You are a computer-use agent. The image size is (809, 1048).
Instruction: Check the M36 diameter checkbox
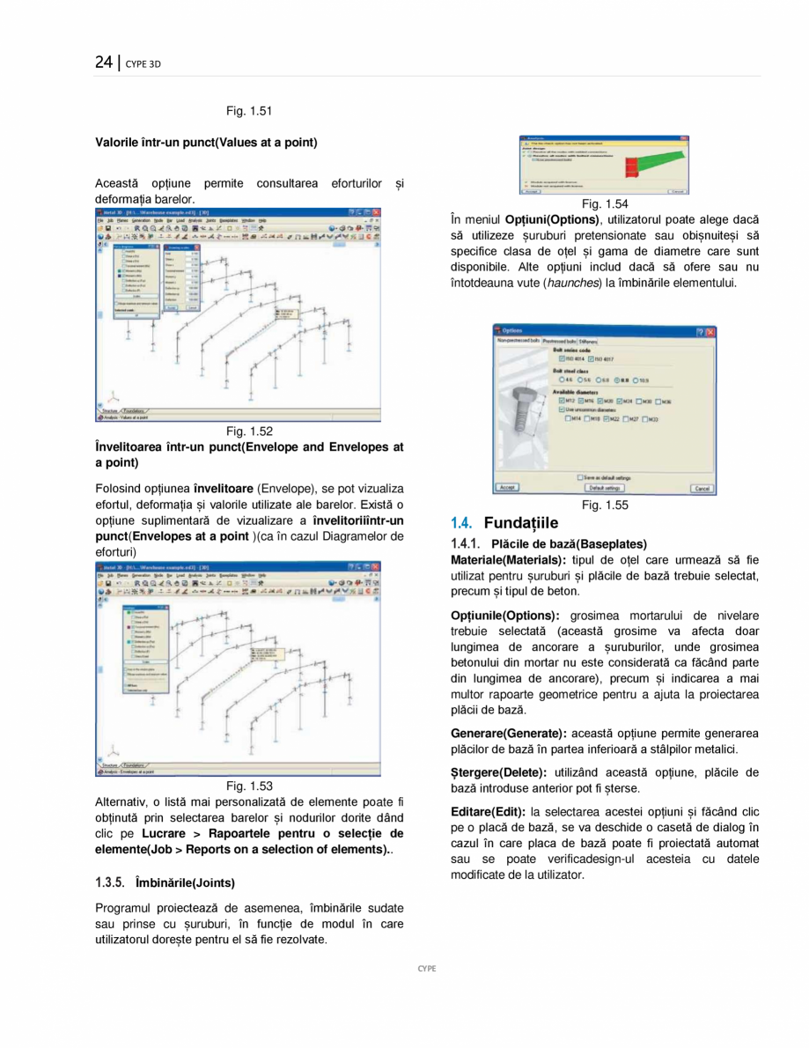[x=659, y=401]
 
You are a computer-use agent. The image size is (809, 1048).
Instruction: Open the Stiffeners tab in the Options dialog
[x=589, y=340]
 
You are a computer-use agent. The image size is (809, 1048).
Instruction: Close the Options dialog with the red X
[x=710, y=331]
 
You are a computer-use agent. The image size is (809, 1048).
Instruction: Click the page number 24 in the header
[x=104, y=62]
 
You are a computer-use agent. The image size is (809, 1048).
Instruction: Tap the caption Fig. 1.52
[x=249, y=431]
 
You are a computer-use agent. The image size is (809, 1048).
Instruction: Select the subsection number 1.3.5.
[x=110, y=882]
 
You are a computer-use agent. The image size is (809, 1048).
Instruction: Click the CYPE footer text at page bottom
[x=426, y=968]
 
